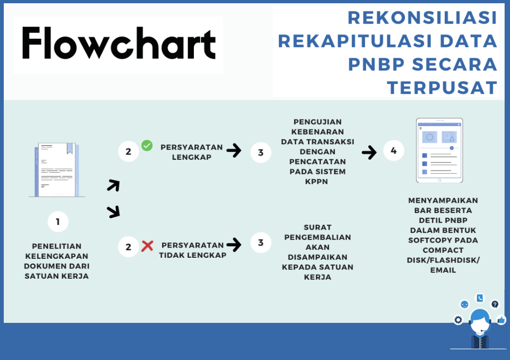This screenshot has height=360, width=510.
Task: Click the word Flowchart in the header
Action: tap(119, 43)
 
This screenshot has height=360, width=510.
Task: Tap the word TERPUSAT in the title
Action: tap(442, 88)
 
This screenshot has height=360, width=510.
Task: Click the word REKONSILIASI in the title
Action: tap(423, 18)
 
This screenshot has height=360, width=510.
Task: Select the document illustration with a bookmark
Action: tap(57, 170)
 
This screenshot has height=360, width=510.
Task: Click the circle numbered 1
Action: tap(58, 222)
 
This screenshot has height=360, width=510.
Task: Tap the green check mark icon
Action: tap(147, 145)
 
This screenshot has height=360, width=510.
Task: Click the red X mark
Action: tap(148, 245)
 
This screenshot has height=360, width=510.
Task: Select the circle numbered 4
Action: tap(394, 151)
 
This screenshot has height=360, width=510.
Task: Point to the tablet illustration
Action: tap(439, 151)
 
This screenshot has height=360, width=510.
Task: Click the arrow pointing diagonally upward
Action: tap(114, 186)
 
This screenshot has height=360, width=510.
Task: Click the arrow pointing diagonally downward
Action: tap(114, 212)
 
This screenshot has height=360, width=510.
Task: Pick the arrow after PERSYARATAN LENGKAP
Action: tap(234, 151)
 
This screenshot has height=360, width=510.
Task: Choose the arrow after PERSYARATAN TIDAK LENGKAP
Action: tap(234, 245)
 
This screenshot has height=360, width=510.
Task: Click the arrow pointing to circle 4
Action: tap(369, 152)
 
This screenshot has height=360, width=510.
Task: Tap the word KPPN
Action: tap(317, 182)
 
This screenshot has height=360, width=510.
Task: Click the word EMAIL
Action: tap(443, 270)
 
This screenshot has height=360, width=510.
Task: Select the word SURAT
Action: tap(317, 228)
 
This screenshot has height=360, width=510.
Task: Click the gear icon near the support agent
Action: tap(458, 320)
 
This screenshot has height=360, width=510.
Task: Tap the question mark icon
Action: tap(495, 304)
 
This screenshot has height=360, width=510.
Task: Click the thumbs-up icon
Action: tap(501, 320)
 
